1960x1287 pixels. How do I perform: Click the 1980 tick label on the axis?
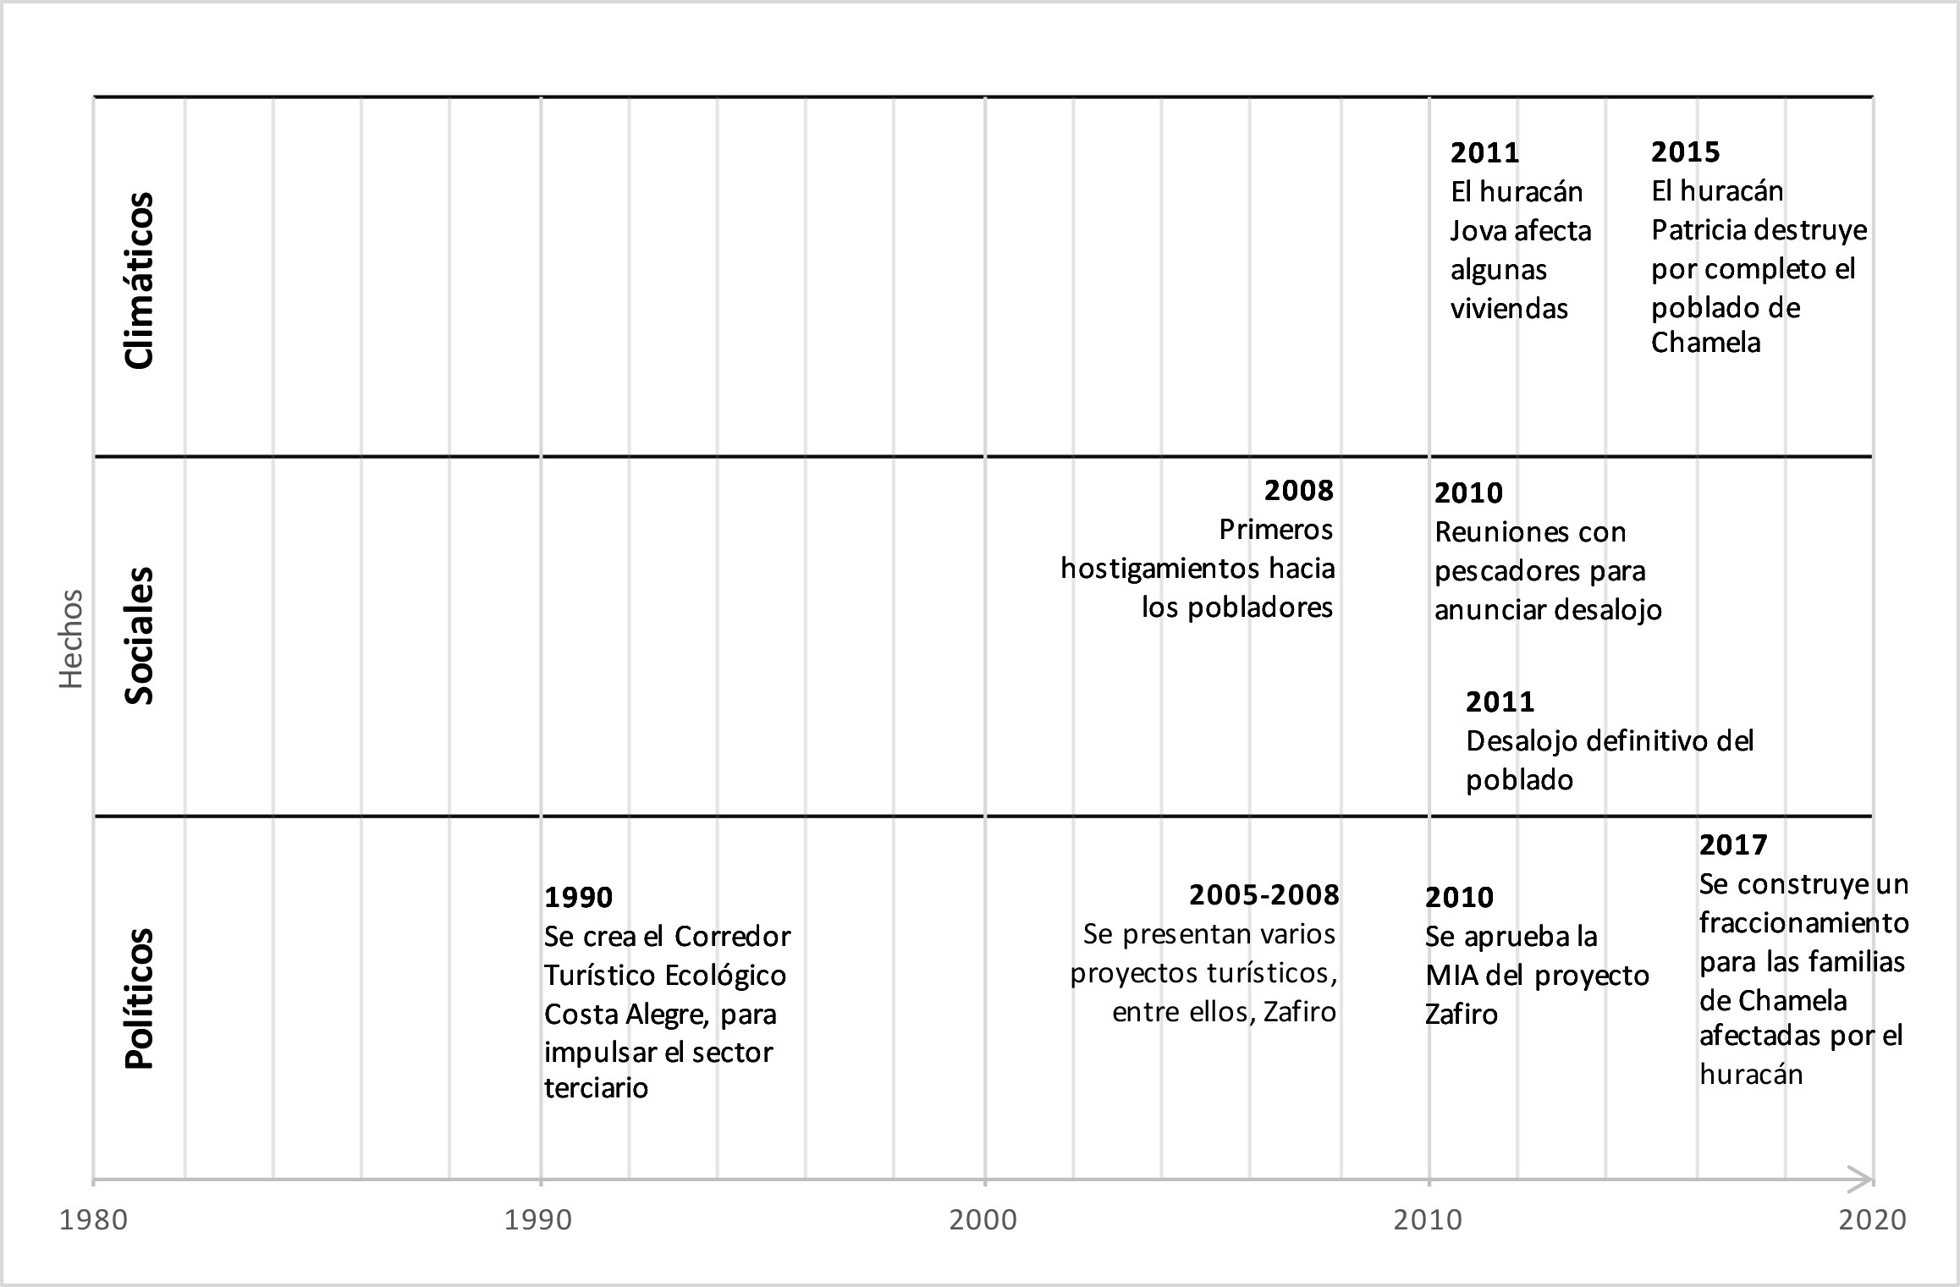pos(93,1219)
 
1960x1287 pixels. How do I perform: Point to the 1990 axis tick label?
pos(538,1219)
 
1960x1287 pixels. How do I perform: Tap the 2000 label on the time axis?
pos(983,1219)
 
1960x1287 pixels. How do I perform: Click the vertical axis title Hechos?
pos(71,639)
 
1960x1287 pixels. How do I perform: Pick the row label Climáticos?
pos(139,280)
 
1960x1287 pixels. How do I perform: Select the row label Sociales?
pos(139,635)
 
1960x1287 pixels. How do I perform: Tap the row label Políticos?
pos(139,998)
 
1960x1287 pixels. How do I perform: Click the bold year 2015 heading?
pos(1686,152)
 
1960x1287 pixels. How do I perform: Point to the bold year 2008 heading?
pos(1299,491)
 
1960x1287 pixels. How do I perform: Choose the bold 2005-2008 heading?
pos(1264,895)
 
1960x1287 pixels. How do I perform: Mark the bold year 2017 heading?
pos(1733,845)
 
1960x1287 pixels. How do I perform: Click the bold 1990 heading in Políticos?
pos(579,898)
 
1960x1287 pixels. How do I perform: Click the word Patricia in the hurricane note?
pos(1701,230)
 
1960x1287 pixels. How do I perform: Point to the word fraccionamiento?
pos(1804,922)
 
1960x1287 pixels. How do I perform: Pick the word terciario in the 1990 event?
pos(596,1088)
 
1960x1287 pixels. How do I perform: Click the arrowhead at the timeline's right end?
pos(1862,1178)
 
